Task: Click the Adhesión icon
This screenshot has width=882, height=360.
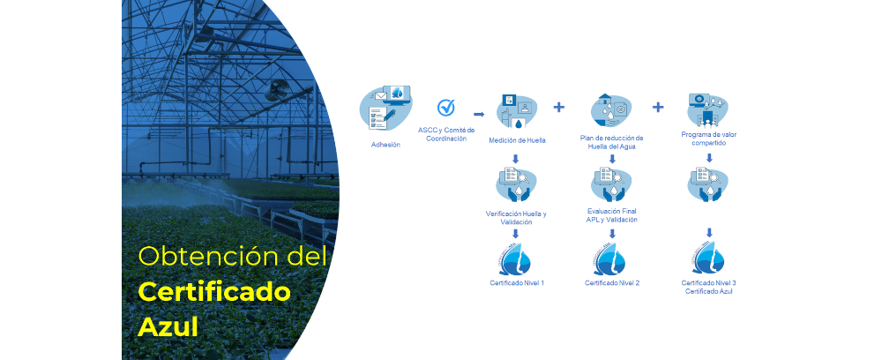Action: tap(385, 110)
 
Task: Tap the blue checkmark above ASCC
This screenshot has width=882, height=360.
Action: tap(446, 108)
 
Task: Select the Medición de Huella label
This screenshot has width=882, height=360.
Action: tap(517, 140)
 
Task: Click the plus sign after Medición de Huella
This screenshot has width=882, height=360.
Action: tap(558, 108)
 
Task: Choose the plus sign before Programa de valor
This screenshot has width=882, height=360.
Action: tap(658, 108)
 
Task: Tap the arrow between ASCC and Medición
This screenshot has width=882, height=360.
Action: tap(479, 114)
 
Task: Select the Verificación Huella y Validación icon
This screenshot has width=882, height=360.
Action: tap(517, 184)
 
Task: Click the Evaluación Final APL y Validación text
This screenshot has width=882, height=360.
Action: tap(612, 215)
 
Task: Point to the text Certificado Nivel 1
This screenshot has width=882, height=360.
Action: tap(517, 282)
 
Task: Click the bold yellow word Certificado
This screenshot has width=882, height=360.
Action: tap(214, 291)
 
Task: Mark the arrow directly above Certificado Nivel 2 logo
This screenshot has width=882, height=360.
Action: tap(612, 234)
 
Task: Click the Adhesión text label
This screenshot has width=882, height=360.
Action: tap(385, 145)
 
